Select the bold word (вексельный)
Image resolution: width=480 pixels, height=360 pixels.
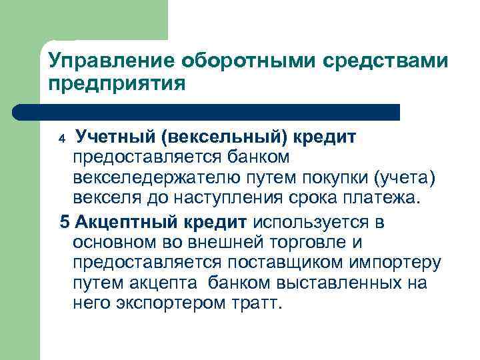[224, 137]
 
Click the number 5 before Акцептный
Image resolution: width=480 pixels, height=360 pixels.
[64, 222]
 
